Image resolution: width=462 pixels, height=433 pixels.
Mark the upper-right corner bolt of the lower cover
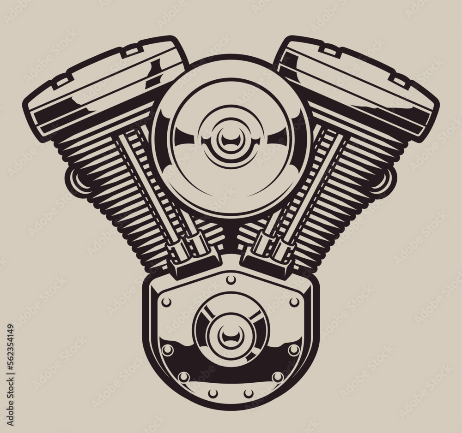pyautogui.click(x=294, y=302)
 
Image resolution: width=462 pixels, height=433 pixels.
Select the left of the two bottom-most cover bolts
pyautogui.click(x=213, y=393)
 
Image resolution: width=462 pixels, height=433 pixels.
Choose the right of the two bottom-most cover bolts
pyautogui.click(x=249, y=393)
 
